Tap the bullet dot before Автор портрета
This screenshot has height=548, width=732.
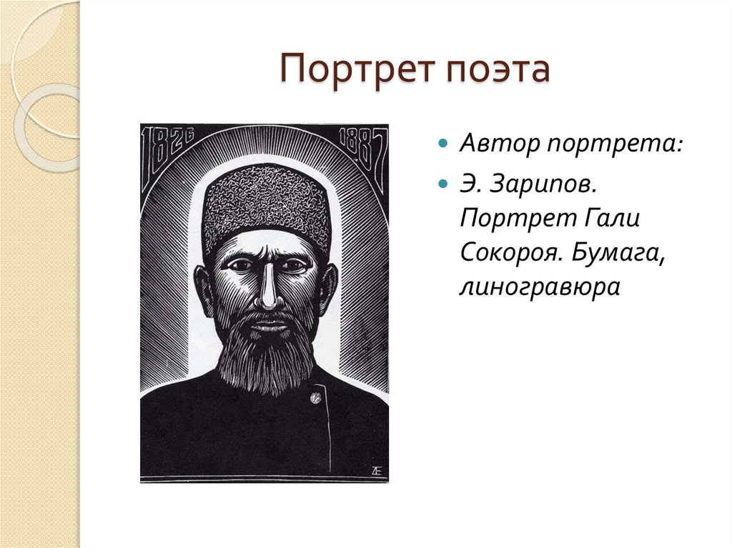444,144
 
